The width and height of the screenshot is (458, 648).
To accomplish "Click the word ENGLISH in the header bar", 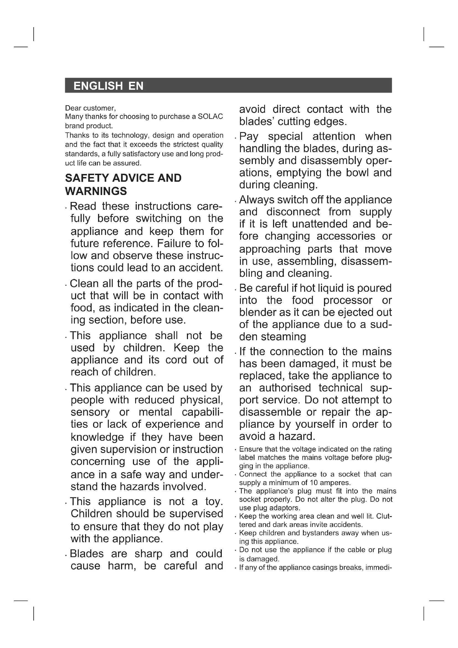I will click(x=98, y=86).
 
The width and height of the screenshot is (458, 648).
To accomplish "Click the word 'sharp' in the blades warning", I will click(x=148, y=554).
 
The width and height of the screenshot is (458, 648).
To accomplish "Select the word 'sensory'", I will click(x=90, y=412).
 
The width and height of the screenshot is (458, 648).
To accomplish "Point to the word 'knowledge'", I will click(x=97, y=437).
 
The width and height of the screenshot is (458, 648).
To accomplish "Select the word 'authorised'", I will click(x=285, y=388).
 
